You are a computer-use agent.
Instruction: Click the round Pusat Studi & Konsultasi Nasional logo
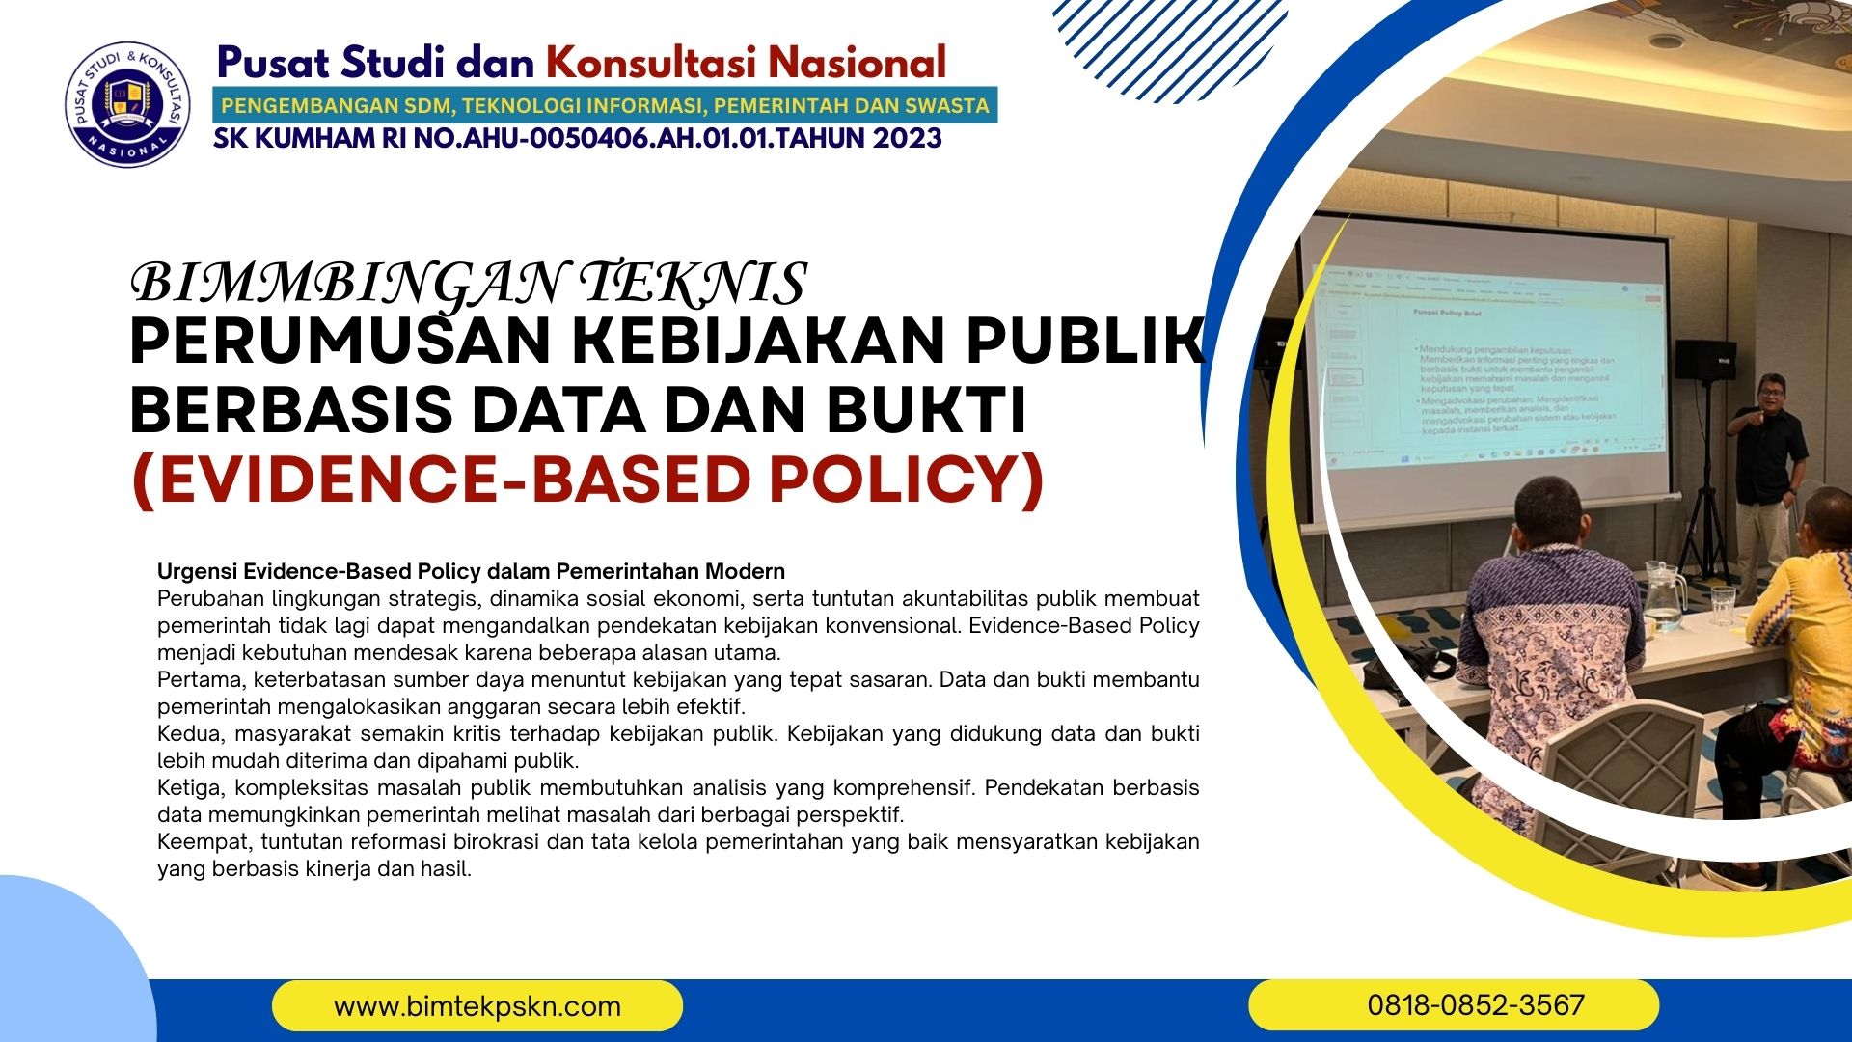point(127,103)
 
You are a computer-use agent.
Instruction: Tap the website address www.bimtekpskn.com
point(477,1006)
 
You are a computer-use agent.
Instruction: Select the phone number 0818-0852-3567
point(1475,1005)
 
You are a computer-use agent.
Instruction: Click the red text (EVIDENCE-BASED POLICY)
point(587,480)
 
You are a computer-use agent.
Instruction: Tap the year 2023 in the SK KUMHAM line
point(907,139)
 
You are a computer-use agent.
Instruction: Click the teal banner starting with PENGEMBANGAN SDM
point(605,105)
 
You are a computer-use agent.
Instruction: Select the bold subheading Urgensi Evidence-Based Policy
point(471,571)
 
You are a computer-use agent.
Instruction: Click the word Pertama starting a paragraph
point(200,679)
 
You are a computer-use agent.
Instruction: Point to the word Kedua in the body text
point(189,733)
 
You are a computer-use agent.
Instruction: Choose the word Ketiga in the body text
point(190,787)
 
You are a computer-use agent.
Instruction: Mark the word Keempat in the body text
point(204,841)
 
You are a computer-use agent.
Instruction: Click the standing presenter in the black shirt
point(1765,463)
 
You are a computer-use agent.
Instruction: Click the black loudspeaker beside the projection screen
point(1704,359)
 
